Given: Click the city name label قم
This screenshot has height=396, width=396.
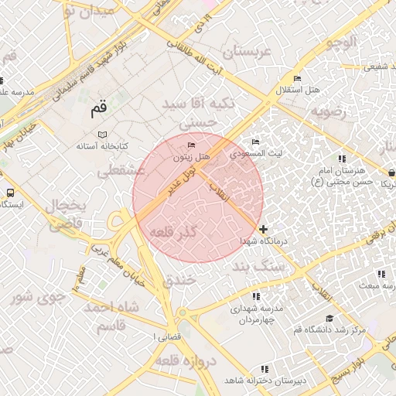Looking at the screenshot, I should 98,110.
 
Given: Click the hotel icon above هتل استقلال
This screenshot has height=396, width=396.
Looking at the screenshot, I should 297,79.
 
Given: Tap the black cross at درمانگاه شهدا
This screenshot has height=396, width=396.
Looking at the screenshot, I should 265,229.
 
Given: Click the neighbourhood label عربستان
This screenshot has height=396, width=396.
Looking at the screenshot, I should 250,53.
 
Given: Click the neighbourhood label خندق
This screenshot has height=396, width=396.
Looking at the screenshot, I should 180,281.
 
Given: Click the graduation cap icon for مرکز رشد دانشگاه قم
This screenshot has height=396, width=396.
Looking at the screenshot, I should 329,319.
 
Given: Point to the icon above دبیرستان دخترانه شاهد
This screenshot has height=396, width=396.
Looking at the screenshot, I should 265,370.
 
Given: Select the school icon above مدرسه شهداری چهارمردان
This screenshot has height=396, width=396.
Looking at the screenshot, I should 255,296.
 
